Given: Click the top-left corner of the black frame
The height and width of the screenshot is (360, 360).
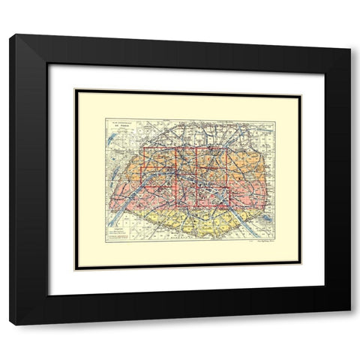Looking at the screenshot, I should click(10, 35).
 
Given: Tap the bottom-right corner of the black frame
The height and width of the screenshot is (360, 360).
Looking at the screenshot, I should click(349, 323).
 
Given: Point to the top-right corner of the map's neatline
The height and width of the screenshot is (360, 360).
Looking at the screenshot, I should click(275, 119).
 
